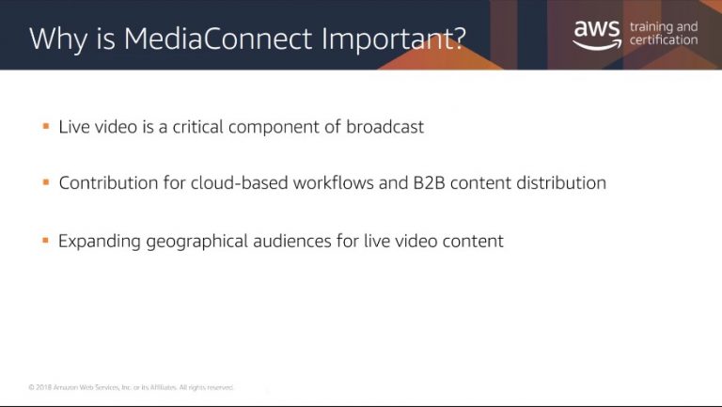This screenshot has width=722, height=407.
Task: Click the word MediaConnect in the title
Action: click(x=218, y=39)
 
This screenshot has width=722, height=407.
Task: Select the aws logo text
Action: click(x=597, y=30)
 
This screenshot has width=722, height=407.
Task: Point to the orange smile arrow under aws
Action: click(x=597, y=45)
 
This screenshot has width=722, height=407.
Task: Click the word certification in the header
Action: click(x=664, y=40)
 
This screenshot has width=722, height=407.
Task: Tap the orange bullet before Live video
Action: click(x=45, y=126)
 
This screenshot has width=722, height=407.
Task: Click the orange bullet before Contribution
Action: click(x=45, y=182)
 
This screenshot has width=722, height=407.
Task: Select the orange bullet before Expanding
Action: click(x=45, y=241)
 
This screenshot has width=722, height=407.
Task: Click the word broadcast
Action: click(x=385, y=127)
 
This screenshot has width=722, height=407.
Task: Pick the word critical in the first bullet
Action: click(x=197, y=127)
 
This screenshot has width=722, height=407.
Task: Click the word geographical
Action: click(x=197, y=242)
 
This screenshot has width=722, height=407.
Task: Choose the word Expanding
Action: click(x=100, y=242)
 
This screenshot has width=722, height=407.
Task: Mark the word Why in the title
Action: click(x=58, y=39)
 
